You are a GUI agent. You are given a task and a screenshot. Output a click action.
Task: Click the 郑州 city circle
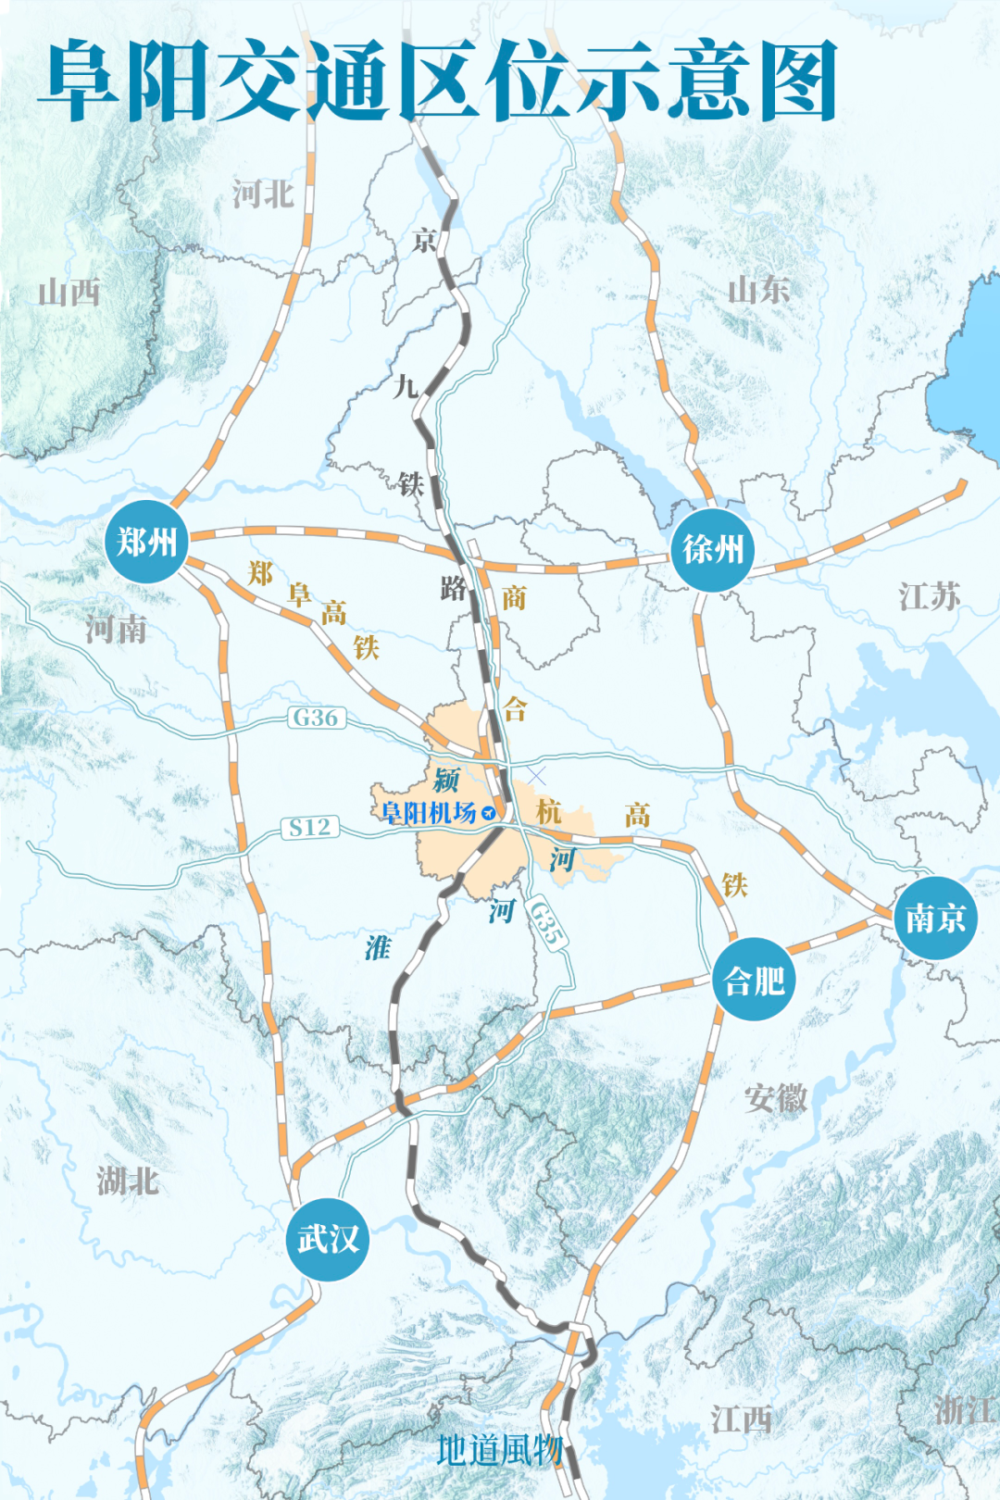pyautogui.click(x=147, y=542)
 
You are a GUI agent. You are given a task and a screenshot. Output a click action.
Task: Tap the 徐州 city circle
pyautogui.click(x=712, y=550)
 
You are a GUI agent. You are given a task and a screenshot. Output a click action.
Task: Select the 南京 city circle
pyautogui.click(x=935, y=919)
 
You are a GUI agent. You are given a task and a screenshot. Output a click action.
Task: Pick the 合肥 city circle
pyautogui.click(x=754, y=980)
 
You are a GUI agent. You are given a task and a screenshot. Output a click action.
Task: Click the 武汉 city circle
pyautogui.click(x=328, y=1239)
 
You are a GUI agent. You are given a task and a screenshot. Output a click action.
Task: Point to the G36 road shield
pyautogui.click(x=316, y=718)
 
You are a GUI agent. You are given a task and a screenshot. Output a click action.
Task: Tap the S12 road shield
pyautogui.click(x=309, y=827)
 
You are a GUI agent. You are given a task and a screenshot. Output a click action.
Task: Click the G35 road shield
pyautogui.click(x=547, y=922)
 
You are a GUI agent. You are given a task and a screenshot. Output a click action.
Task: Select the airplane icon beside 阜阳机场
pyautogui.click(x=488, y=814)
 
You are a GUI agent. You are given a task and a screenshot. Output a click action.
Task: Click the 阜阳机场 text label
pyautogui.click(x=429, y=813)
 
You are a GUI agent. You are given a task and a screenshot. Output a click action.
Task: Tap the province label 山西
pyautogui.click(x=69, y=293)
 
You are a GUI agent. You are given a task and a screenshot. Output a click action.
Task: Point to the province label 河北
pyautogui.click(x=263, y=194)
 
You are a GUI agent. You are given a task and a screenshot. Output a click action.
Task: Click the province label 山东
pyautogui.click(x=758, y=290)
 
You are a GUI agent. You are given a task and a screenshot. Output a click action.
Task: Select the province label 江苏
pyautogui.click(x=929, y=596)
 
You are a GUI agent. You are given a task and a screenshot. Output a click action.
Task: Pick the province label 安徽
pyautogui.click(x=776, y=1099)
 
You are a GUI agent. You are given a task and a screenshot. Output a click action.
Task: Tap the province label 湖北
pyautogui.click(x=128, y=1181)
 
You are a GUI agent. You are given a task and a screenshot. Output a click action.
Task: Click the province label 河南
pyautogui.click(x=117, y=630)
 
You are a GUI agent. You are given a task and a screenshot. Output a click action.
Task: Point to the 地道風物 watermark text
pyautogui.click(x=499, y=1450)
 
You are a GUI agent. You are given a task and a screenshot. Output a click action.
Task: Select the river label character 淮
pyautogui.click(x=378, y=947)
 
